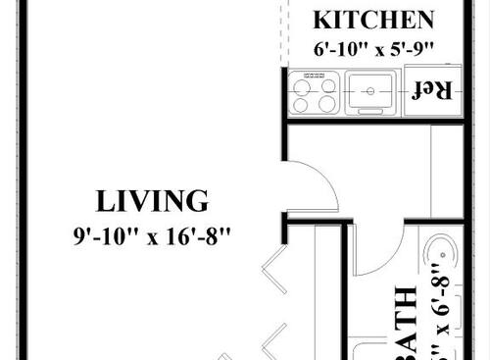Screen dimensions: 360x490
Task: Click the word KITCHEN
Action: [x=372, y=20]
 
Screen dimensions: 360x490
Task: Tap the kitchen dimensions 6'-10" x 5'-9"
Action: [x=372, y=48]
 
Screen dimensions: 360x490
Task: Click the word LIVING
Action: [x=152, y=202]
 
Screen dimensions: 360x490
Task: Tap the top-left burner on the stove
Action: [x=303, y=87]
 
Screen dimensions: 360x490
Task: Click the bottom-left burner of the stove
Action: [x=303, y=104]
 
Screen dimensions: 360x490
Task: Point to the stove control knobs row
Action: [x=315, y=76]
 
